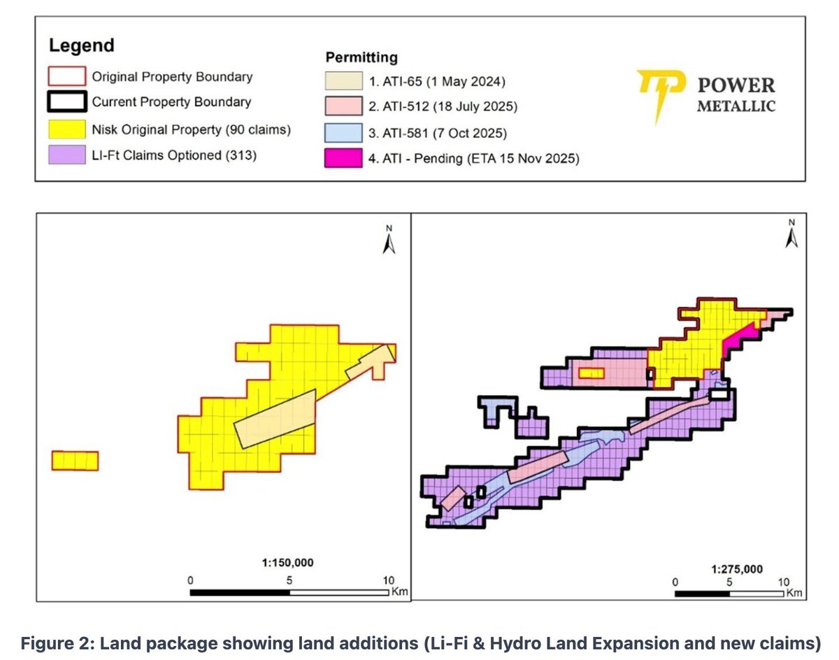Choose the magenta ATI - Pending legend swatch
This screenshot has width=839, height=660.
(344, 159)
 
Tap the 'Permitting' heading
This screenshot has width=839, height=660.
(361, 56)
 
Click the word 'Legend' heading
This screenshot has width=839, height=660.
(81, 47)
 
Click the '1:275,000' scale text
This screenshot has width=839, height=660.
(733, 568)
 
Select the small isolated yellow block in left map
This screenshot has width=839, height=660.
(76, 461)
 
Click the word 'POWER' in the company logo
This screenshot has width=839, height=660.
(736, 85)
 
